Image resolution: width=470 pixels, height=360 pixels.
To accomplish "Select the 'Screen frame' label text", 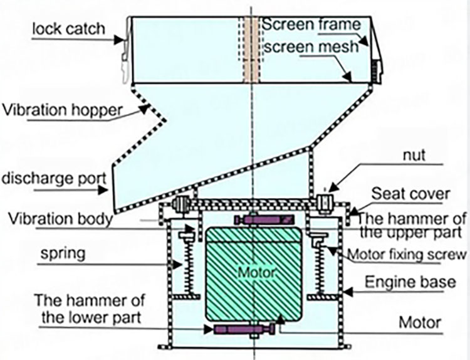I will pos(311,25).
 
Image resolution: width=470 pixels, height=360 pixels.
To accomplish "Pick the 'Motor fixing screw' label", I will pos(407,255).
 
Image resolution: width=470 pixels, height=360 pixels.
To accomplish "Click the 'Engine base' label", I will pos(410,282).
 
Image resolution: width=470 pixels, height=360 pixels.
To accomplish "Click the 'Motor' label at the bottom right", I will pos(422,323).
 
